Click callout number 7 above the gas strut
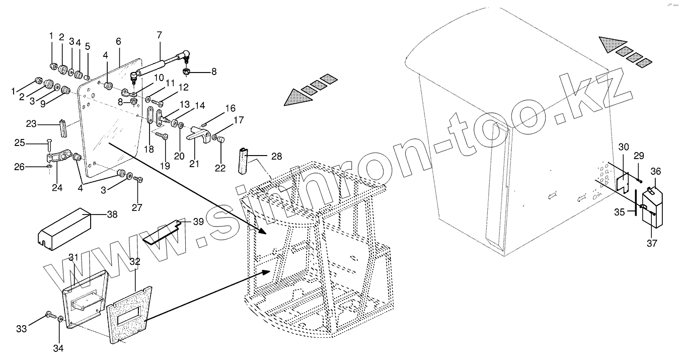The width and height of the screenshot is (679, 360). point(159,35)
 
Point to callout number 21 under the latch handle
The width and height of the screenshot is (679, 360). point(194,164)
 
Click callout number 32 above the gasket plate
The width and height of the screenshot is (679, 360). point(134,261)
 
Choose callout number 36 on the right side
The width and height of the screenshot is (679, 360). point(655,172)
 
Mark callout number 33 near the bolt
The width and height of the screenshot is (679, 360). point(21,329)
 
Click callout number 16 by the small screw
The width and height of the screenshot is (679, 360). point(230,108)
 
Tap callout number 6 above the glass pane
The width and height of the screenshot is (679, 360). point(118,41)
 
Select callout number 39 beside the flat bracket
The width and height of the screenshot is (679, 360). point(198,222)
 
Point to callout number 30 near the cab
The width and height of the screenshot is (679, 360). point(624,147)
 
